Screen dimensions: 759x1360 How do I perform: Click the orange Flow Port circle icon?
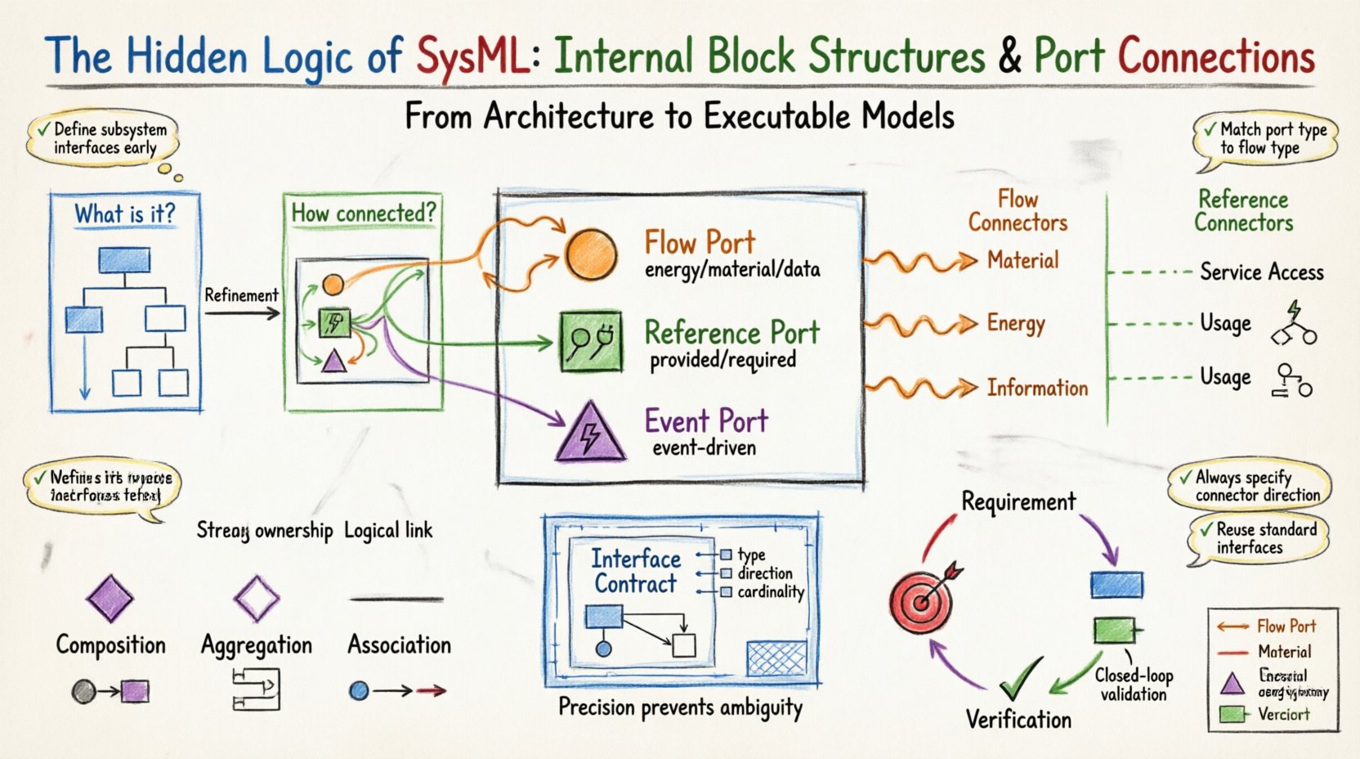click(591, 254)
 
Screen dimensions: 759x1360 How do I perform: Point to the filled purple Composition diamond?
click(110, 598)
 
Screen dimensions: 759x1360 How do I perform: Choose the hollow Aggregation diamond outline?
click(257, 598)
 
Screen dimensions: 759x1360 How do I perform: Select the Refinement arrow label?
click(241, 295)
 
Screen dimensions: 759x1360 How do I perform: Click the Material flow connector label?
click(1022, 261)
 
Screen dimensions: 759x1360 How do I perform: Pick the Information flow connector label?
click(1037, 388)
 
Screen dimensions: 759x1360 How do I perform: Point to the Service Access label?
click(1261, 272)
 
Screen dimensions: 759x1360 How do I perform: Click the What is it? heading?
click(125, 214)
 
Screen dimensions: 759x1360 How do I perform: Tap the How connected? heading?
click(363, 213)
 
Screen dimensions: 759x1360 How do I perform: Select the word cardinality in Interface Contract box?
click(770, 592)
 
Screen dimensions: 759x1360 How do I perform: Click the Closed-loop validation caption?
click(1134, 685)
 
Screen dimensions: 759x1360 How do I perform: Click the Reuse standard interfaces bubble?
click(1259, 539)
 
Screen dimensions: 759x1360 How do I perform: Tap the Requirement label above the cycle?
click(1018, 501)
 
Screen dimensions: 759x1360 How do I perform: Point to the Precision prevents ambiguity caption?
click(680, 707)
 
